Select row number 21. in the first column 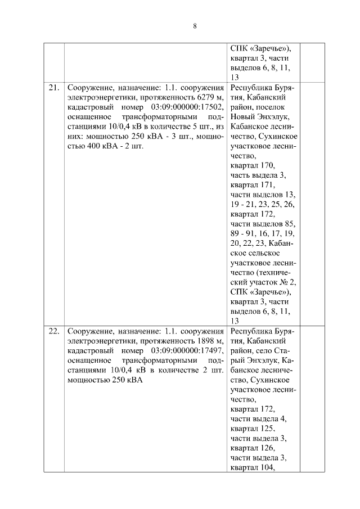coord(53,88)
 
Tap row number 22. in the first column coord(53,331)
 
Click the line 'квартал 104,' coord(253,467)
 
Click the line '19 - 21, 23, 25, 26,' coord(262,204)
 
